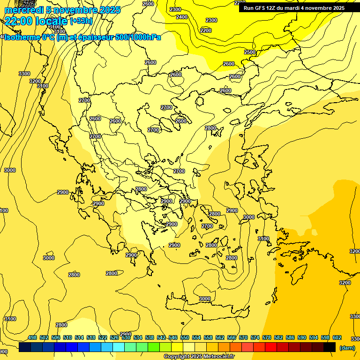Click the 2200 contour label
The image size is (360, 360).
pyautogui.click(x=206, y=30)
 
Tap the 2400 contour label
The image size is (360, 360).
pyautogui.click(x=182, y=17)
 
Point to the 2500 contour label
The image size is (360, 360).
pyautogui.click(x=250, y=52)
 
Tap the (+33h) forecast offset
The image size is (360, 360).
pyautogui.click(x=81, y=21)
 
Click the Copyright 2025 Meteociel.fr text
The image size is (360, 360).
pyautogui.click(x=199, y=357)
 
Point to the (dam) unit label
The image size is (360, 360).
pyautogui.click(x=347, y=348)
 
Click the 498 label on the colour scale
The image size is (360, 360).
pyautogui.click(x=32, y=338)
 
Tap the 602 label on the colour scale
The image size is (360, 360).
pyautogui.click(x=337, y=338)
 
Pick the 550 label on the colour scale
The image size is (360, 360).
pyautogui.click(x=185, y=338)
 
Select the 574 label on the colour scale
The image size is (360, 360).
pyautogui.click(x=255, y=338)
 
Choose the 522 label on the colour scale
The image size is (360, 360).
pyautogui.click(x=103, y=338)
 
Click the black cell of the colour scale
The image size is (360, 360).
pyautogui.click(x=330, y=347)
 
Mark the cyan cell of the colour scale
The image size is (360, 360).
pyautogui.click(x=119, y=347)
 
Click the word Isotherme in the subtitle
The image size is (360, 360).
pyautogui.click(x=22, y=37)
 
